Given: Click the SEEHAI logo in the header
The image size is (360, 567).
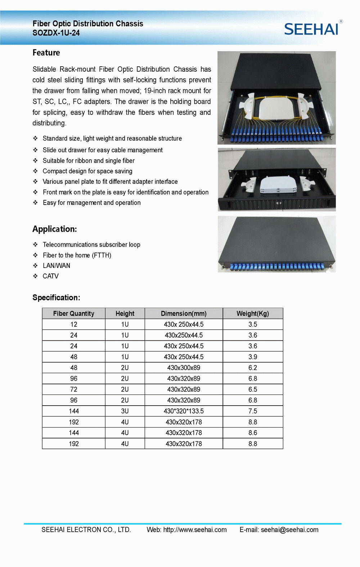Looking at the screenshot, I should [311, 29].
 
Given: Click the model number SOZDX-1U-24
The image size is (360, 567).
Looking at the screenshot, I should [56, 33].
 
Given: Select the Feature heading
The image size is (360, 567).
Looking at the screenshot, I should [46, 53].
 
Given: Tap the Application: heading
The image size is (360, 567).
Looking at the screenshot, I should [55, 229].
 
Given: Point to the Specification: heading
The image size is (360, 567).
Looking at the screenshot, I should [56, 298].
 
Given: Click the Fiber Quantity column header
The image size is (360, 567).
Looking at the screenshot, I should [73, 313].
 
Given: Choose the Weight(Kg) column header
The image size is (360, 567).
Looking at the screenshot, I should [253, 313].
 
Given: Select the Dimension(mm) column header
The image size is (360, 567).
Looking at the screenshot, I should [184, 313].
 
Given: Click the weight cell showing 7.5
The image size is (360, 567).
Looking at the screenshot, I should [253, 411].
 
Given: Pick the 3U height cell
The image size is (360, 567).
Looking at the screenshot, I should [125, 411].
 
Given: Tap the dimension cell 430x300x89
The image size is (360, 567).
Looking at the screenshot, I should [184, 368].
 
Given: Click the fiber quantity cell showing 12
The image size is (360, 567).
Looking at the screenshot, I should [74, 324].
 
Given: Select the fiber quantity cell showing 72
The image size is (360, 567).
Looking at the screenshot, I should [74, 389].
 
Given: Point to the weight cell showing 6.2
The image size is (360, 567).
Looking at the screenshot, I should [253, 368].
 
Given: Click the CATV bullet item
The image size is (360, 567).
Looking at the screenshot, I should [50, 276].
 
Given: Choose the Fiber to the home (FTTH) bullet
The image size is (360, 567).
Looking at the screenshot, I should [77, 255].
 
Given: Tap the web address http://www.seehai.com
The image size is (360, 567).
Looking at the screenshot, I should [195, 530].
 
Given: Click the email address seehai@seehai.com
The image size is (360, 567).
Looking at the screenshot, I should [289, 530].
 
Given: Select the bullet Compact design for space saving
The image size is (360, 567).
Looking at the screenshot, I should [87, 171].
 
